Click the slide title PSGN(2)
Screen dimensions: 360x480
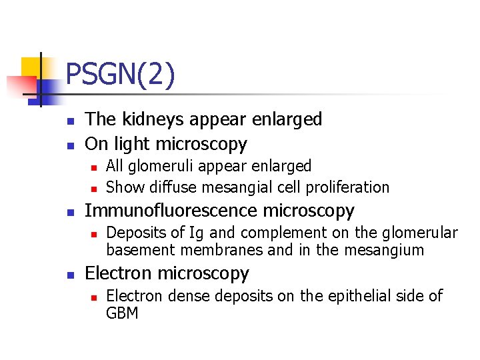click(121, 75)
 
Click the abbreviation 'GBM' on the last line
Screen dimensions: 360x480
click(122, 313)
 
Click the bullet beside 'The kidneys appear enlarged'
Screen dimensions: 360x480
click(69, 121)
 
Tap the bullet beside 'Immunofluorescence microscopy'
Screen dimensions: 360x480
click(69, 212)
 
